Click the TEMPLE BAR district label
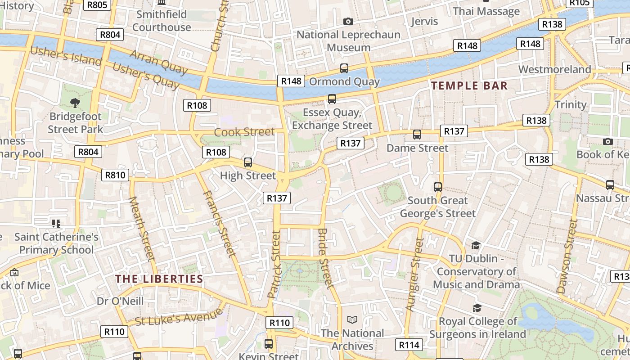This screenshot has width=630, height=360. click(469, 85)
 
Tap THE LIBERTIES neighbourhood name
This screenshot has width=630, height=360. click(159, 279)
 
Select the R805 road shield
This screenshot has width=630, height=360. click(96, 4)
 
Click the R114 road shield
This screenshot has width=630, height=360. click(409, 345)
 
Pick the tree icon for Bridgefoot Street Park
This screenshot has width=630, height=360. click(75, 103)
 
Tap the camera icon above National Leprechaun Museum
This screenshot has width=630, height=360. click(348, 21)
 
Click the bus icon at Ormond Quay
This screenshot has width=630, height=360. click(344, 68)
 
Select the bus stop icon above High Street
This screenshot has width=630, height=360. click(247, 162)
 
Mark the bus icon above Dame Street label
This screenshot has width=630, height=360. click(417, 135)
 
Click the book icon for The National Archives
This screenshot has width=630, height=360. click(352, 319)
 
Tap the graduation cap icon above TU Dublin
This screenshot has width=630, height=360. click(476, 245)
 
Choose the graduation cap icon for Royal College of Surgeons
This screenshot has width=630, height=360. click(477, 308)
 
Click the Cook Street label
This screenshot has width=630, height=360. click(244, 132)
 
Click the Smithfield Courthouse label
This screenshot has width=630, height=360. click(162, 21)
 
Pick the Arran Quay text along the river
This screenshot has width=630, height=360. click(158, 62)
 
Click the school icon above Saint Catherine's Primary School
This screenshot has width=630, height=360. click(56, 223)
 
